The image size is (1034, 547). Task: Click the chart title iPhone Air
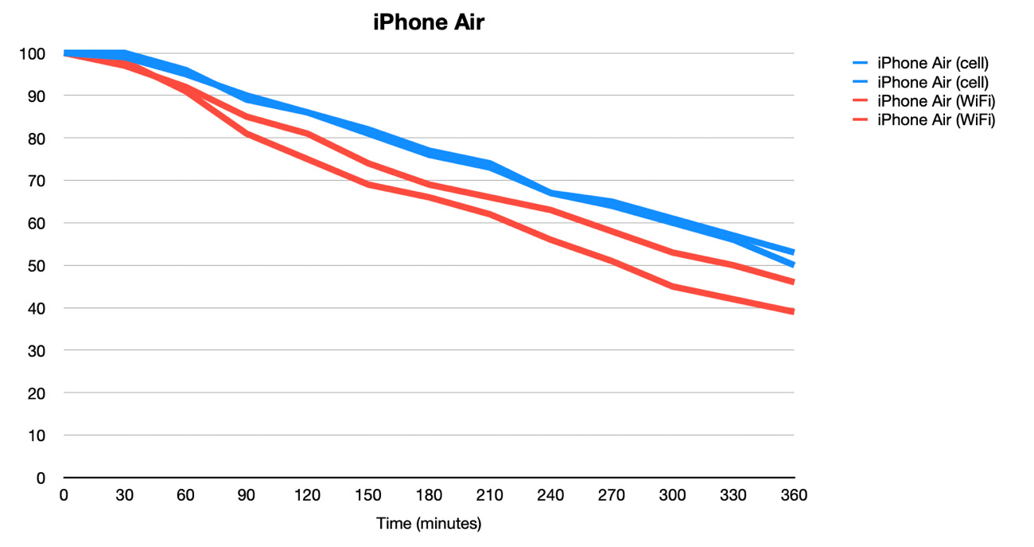pos(429,23)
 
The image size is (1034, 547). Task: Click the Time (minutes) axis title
pos(429,524)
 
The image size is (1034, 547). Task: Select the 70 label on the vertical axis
pos(37,181)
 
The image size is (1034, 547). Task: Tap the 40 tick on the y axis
pos(37,308)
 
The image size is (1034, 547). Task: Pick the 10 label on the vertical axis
pos(37,436)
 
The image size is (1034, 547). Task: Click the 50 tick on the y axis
pos(37,266)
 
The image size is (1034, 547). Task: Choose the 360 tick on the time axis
pos(794,495)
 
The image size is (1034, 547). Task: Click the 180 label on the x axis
pos(429,495)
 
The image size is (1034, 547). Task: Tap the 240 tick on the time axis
pos(550,495)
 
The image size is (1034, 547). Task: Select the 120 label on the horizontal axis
pos(307,495)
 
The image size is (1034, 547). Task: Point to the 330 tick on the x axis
pos(733,495)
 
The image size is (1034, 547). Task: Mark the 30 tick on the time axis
pos(124,495)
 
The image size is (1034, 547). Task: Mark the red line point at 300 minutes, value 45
pos(672,287)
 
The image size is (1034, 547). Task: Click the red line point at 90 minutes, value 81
pos(247,134)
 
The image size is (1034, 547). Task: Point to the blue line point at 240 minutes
pos(550,193)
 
